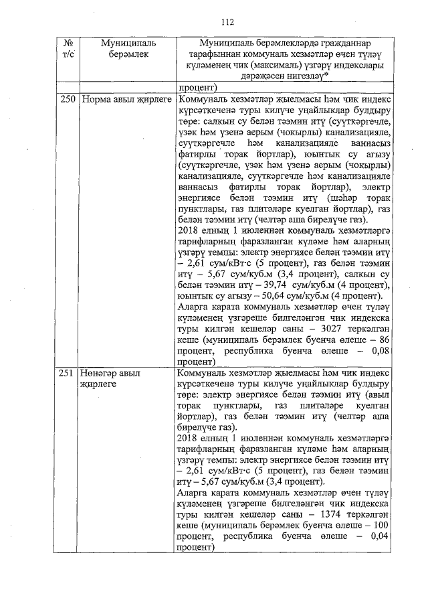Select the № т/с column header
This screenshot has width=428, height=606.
(67, 49)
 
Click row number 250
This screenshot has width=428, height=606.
(67, 100)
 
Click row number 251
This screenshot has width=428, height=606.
(67, 372)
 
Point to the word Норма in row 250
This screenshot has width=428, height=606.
(97, 100)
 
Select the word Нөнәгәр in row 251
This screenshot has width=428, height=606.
(102, 372)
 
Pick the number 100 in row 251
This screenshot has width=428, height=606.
(382, 525)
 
